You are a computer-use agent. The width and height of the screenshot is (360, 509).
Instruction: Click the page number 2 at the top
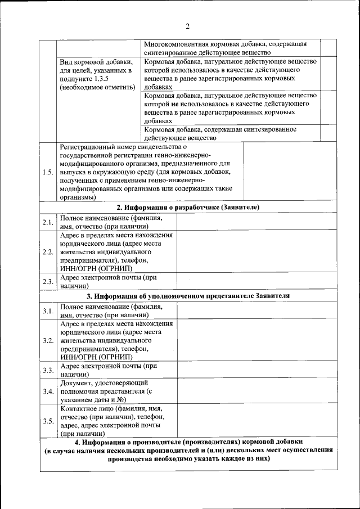[x=188, y=26]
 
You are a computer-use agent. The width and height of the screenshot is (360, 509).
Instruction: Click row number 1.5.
[x=48, y=172]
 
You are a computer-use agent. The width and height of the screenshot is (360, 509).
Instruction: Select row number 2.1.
[x=48, y=222]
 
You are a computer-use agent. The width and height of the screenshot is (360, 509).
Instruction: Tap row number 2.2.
[x=48, y=251]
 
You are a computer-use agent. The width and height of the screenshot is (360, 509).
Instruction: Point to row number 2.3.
[x=48, y=282]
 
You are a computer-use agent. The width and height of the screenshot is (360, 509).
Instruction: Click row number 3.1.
[x=48, y=311]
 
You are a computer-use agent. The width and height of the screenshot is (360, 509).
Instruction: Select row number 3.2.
[x=48, y=340]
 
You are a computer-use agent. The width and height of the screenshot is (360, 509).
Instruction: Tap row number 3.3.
[x=48, y=370]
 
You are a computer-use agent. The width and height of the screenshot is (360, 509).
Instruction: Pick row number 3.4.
[x=48, y=391]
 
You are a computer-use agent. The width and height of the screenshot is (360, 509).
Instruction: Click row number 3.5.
[x=48, y=421]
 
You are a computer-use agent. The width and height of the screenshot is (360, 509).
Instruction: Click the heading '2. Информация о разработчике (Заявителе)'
[x=188, y=208]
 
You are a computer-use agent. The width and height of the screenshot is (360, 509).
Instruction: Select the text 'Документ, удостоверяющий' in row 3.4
[x=101, y=383]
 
